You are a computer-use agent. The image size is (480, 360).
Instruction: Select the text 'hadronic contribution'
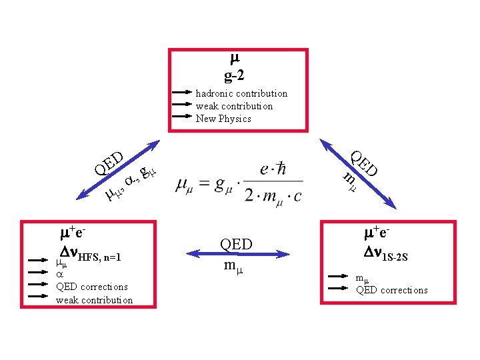241,93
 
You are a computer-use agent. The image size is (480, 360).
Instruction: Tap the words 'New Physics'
223,119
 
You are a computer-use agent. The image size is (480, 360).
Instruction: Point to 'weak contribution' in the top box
234,106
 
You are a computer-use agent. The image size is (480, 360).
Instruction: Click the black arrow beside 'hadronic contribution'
182,93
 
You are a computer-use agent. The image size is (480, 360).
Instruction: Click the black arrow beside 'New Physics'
182,117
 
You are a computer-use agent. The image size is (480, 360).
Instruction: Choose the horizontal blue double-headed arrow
238,254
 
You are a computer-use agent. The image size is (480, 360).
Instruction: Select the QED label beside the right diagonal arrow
364,163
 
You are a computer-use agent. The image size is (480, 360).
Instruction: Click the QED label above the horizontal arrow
237,244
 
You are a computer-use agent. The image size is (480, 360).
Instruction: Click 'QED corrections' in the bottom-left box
92,287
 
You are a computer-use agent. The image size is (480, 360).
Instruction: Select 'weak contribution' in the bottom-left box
94,300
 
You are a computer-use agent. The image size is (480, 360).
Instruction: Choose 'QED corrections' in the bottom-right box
392,290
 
